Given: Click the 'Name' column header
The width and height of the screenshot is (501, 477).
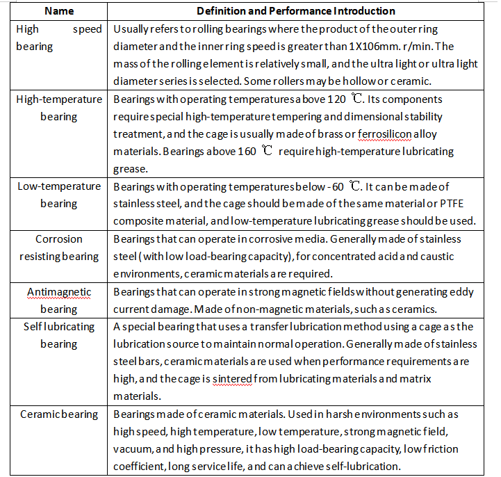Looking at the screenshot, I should (x=59, y=11).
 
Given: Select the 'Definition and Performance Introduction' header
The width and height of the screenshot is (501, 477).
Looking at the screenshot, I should (x=296, y=11).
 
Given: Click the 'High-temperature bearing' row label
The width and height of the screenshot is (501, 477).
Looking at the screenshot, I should (x=59, y=108).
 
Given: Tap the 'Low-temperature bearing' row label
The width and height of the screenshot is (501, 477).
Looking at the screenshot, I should (x=59, y=195).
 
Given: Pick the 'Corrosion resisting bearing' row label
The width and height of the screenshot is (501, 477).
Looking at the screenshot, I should (x=59, y=248).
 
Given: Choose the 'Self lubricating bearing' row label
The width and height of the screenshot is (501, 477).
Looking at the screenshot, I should (x=59, y=335).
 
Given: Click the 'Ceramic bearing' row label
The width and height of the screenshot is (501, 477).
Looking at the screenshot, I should (x=59, y=414).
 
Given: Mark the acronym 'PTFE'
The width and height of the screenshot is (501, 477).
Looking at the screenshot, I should (x=450, y=204).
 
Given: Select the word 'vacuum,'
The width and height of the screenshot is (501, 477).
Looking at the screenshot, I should (x=133, y=449).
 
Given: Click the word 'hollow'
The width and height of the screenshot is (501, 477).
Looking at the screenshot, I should (x=389, y=81).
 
